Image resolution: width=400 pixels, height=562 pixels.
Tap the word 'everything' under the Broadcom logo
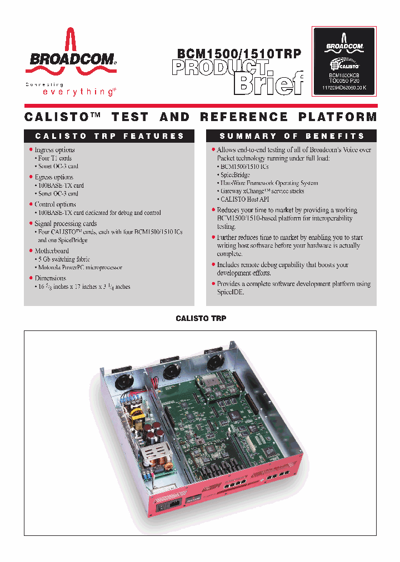pos(79,92)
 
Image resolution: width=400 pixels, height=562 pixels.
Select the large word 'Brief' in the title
pos(269,84)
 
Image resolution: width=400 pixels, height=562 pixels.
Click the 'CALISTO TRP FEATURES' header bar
pos(109,136)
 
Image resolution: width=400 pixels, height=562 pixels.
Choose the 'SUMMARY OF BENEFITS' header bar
pos(292,136)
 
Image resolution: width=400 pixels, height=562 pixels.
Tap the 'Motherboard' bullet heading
pos(52,251)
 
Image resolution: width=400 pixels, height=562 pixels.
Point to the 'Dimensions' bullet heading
pos(50,278)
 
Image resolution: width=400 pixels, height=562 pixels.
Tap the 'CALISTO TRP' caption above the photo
pos(201,319)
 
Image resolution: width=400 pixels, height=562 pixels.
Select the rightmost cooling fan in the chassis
pos(213,362)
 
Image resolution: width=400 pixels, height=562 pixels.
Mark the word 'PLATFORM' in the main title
pos(338,117)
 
